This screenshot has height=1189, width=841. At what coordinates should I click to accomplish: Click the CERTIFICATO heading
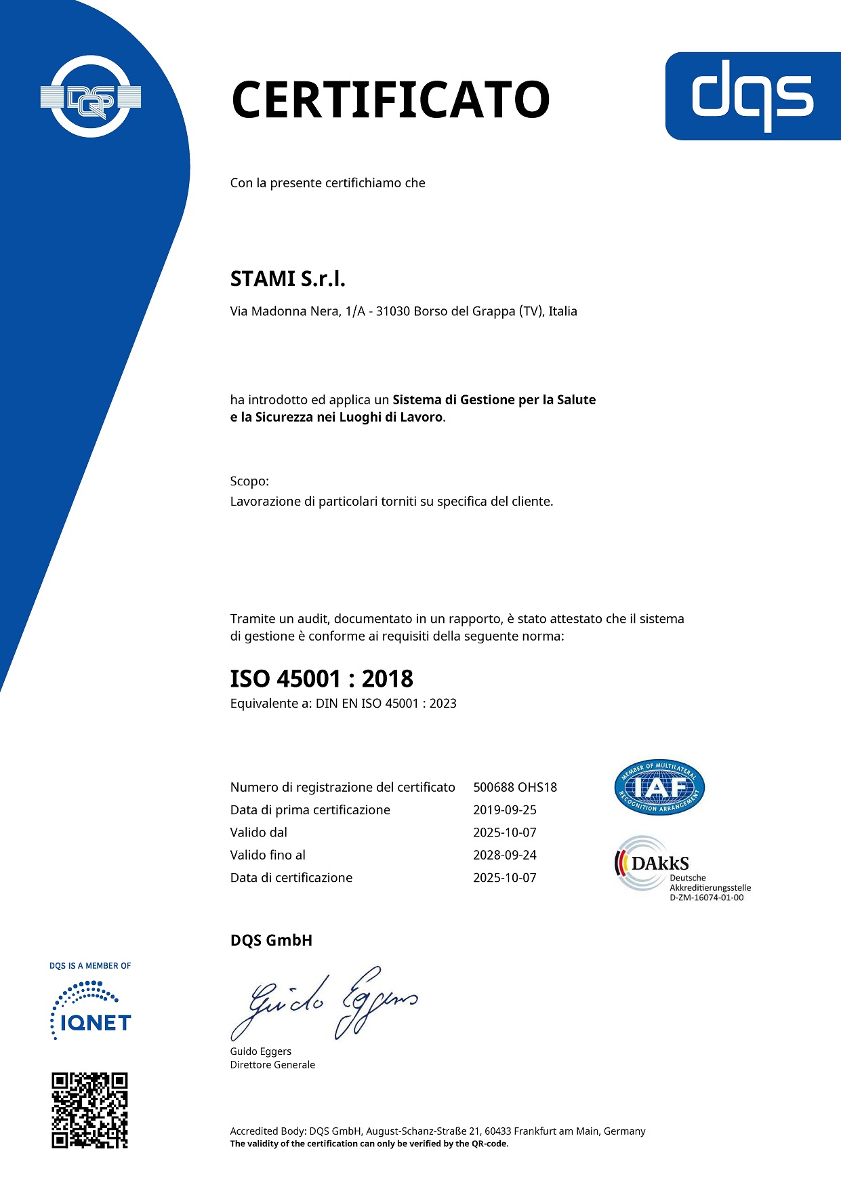390,100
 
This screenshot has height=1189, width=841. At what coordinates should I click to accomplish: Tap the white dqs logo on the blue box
752,96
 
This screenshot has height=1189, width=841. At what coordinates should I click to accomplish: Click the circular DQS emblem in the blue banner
91,97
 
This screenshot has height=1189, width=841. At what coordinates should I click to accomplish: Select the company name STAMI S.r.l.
288,279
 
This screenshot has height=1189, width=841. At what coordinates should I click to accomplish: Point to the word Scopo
249,481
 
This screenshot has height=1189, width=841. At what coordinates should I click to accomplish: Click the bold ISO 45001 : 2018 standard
322,679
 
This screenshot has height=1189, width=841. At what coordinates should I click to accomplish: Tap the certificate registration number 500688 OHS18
515,788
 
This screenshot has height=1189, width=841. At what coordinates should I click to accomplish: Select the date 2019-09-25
505,810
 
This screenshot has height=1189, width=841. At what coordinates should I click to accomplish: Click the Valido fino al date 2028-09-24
505,855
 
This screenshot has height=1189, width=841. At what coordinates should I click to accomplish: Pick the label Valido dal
259,832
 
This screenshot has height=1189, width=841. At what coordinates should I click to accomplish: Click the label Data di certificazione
291,878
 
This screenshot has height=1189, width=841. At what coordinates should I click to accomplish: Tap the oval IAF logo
659,787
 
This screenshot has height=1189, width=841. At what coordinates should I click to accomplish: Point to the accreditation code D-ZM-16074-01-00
706,898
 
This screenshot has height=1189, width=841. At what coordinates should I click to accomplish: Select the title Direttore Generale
272,1065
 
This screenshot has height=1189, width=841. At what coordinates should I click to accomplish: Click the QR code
90,1110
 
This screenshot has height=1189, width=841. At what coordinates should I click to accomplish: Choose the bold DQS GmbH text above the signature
271,940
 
